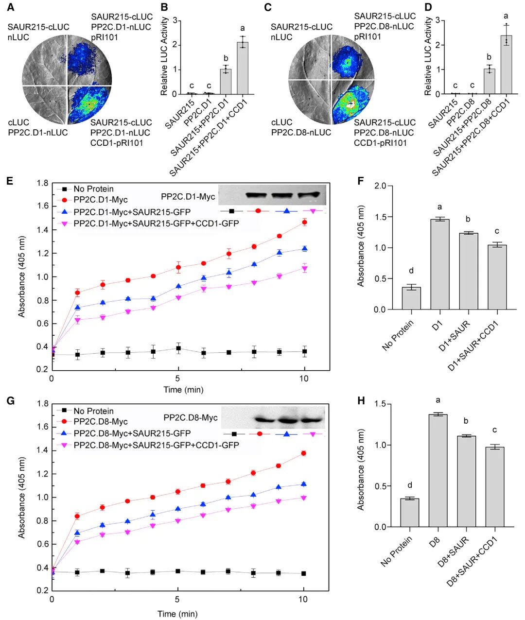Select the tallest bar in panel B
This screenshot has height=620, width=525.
tap(243, 68)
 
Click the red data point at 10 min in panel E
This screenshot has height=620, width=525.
tap(304, 222)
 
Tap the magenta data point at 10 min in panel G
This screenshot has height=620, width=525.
tap(303, 498)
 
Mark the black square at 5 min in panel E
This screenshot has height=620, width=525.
tap(178, 348)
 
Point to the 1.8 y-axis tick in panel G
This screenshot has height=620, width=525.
tap(42, 403)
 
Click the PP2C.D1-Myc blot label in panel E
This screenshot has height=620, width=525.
tap(188, 196)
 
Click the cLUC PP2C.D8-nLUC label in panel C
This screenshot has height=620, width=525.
tap(301, 127)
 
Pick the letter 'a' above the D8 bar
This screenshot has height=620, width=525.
tap(438, 400)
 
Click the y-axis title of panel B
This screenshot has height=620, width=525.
tap(164, 57)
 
